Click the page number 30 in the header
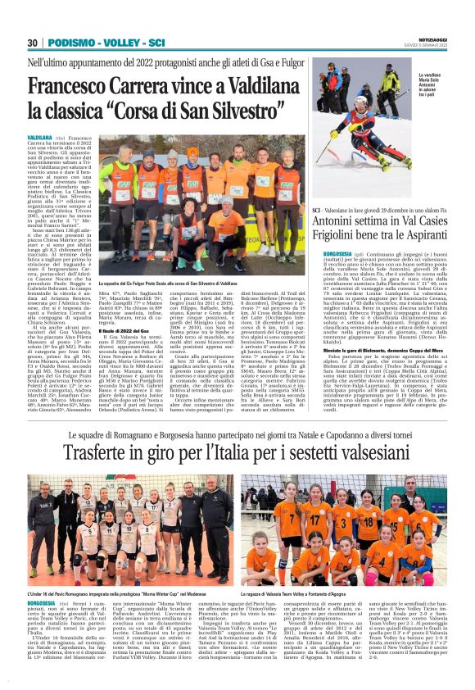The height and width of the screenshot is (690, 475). click(x=33, y=43)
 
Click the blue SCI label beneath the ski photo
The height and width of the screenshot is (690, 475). click(x=317, y=209)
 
